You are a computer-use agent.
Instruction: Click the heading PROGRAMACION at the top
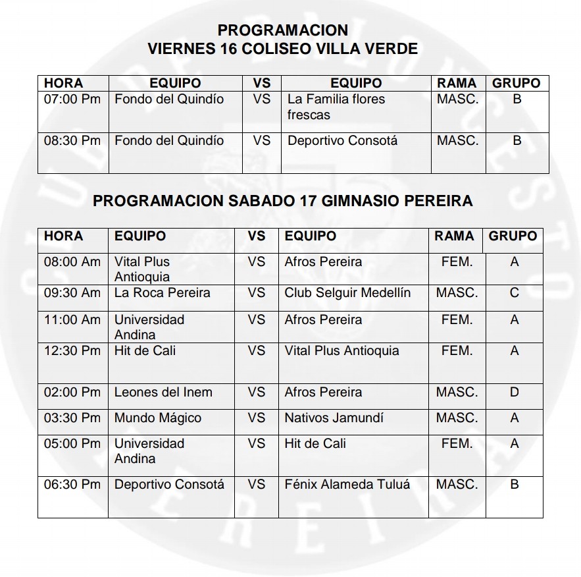point(282,30)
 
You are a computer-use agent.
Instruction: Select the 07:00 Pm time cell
point(72,99)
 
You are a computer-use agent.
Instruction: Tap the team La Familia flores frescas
point(336,107)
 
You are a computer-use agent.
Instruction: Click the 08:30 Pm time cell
point(72,141)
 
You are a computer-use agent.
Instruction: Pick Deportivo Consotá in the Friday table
point(342,141)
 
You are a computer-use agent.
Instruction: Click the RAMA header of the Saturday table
point(454,236)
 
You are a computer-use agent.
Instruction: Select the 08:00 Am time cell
point(72,262)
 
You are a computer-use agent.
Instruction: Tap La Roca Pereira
point(163,292)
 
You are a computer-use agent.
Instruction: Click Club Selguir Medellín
point(347,292)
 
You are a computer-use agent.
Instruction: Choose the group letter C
point(515,292)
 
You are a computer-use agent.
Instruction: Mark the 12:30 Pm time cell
point(72,351)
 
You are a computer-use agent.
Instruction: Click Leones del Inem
point(163,393)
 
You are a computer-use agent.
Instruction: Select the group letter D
point(515,393)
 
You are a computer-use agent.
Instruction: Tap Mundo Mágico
point(158,418)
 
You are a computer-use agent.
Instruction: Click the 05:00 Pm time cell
point(72,444)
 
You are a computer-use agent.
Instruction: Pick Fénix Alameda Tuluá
point(347,485)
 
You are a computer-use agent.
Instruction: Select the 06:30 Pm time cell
point(72,485)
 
